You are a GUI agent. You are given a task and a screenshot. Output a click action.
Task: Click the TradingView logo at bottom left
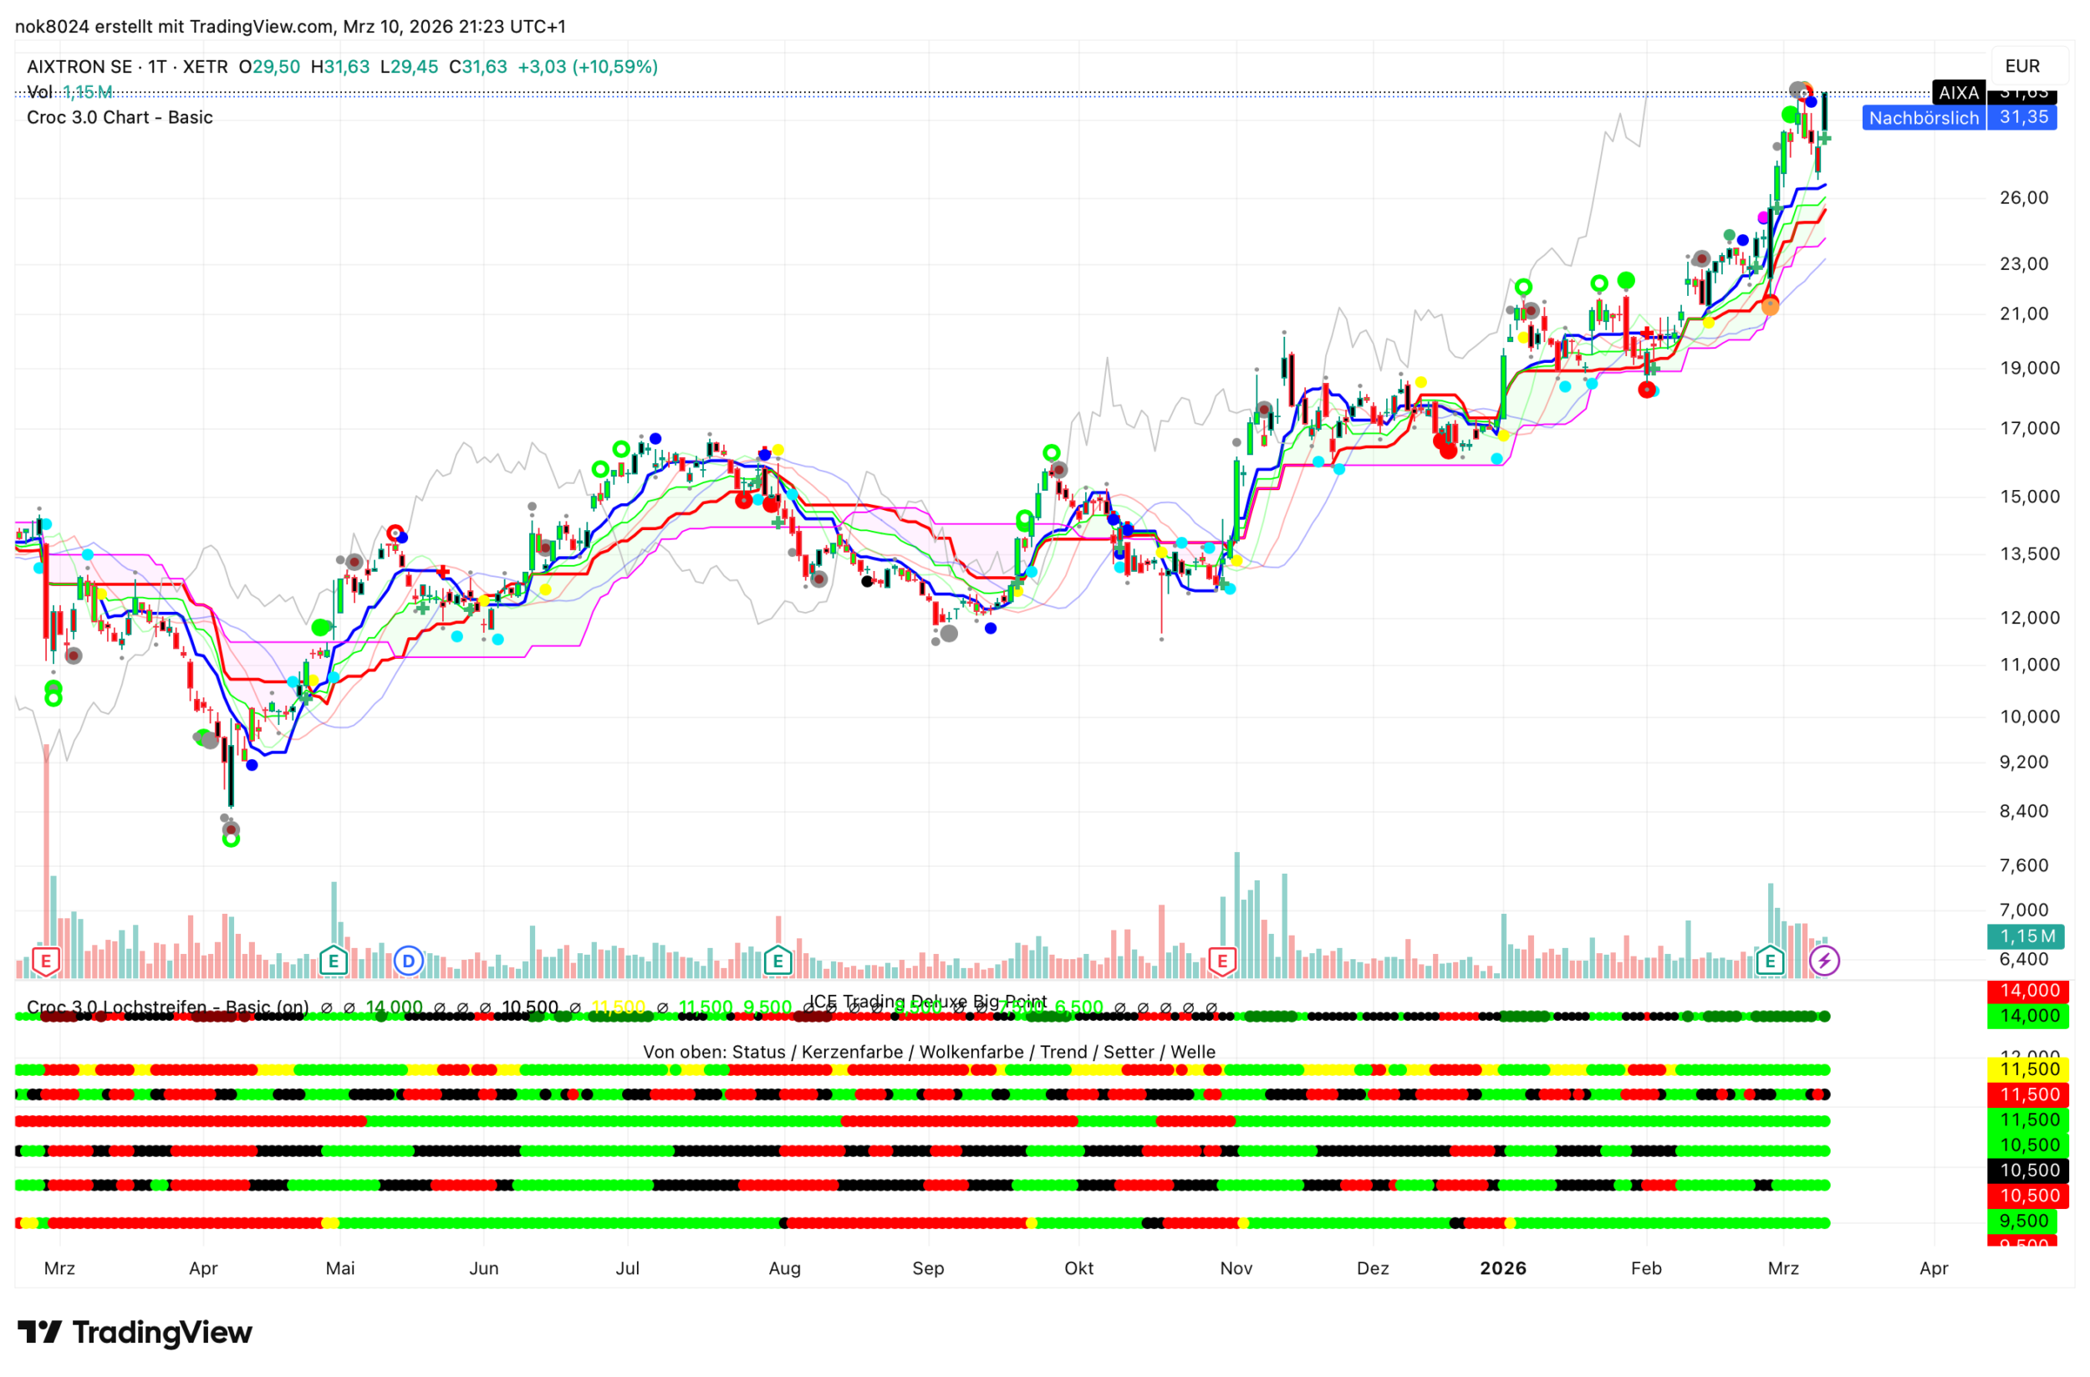pyautogui.click(x=135, y=1332)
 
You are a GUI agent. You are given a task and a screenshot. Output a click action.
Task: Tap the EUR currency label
pyautogui.click(x=2021, y=66)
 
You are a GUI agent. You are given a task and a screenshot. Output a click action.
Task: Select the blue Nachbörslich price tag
pyautogui.click(x=1923, y=118)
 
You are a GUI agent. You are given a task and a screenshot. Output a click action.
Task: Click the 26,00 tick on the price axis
pyautogui.click(x=2023, y=197)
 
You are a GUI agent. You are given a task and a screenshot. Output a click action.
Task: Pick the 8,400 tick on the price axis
pyautogui.click(x=2023, y=811)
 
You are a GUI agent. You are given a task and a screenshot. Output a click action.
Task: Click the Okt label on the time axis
pyautogui.click(x=1078, y=1268)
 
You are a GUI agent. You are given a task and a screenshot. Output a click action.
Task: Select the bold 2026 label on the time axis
pyautogui.click(x=1502, y=1268)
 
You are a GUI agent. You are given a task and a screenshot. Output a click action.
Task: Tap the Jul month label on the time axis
pyautogui.click(x=627, y=1268)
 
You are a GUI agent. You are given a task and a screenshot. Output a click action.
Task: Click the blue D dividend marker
pyautogui.click(x=407, y=961)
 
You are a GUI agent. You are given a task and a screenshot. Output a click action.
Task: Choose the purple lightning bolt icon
pyautogui.click(x=1824, y=961)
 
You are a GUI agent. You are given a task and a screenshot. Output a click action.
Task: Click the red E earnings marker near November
pyautogui.click(x=1221, y=961)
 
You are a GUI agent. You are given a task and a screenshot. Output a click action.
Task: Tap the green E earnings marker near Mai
pyautogui.click(x=333, y=961)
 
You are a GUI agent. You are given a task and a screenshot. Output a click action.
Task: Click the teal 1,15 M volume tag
pyautogui.click(x=2026, y=936)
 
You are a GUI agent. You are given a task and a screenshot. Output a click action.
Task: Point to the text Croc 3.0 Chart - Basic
pyautogui.click(x=120, y=118)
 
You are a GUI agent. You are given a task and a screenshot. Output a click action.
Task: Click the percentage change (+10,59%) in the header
pyautogui.click(x=614, y=67)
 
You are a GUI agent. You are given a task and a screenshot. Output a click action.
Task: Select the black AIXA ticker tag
pyautogui.click(x=1957, y=92)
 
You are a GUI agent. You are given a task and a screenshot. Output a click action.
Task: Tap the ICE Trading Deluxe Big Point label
pyautogui.click(x=927, y=1001)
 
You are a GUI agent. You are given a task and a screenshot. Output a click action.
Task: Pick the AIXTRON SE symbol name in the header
pyautogui.click(x=79, y=67)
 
